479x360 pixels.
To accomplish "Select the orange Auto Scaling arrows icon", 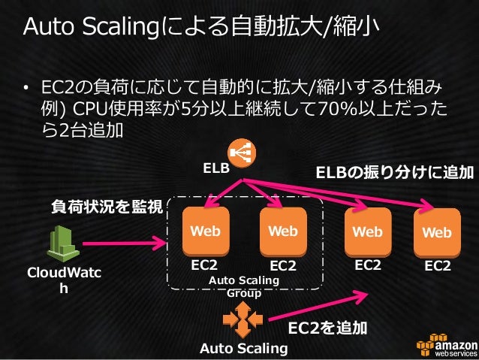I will tap(242, 322).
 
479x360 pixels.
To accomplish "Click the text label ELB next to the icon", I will tap(215, 169).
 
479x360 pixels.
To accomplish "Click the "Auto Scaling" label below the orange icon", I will tap(243, 348).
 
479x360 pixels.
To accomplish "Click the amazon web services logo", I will tap(444, 343).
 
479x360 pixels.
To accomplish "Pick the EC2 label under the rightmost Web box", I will tap(438, 265).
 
